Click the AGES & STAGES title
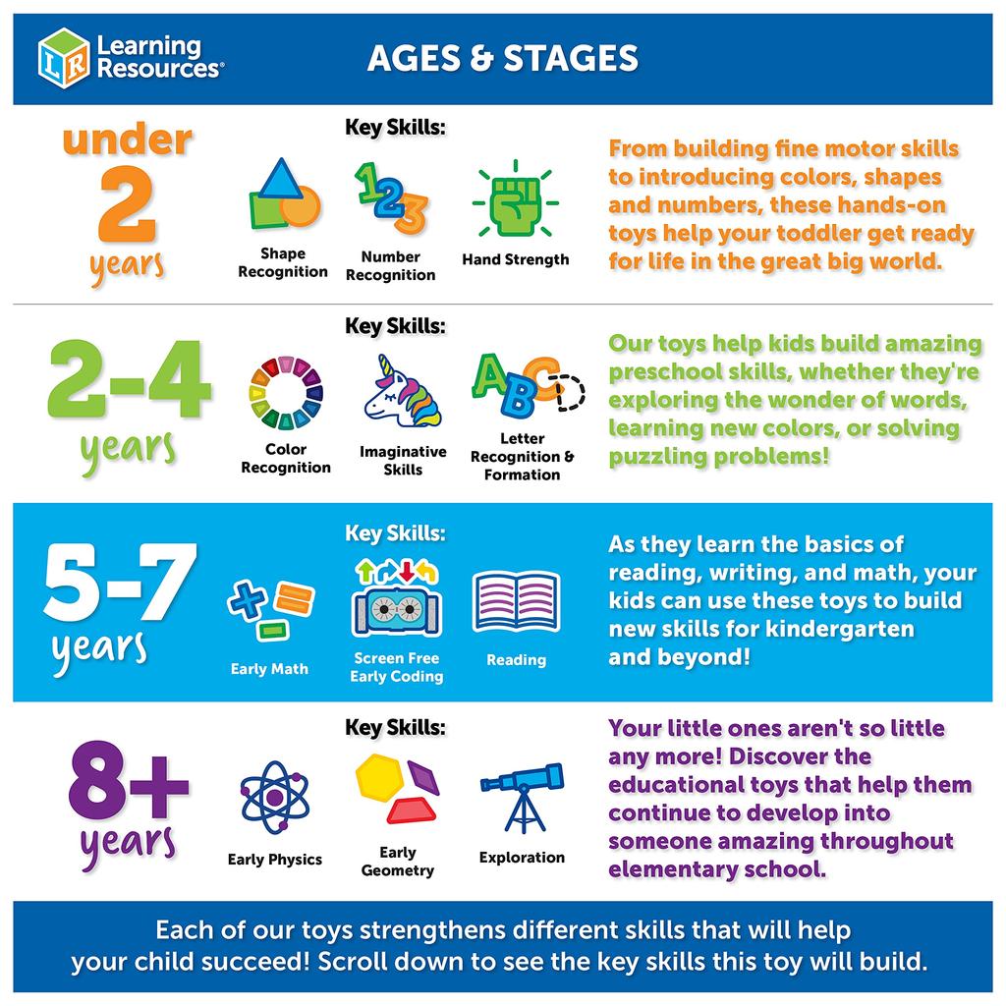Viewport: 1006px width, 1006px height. [x=502, y=58]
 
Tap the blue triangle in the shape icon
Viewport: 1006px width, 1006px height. [x=279, y=179]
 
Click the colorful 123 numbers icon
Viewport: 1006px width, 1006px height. [x=390, y=197]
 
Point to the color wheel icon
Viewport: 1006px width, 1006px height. [x=285, y=393]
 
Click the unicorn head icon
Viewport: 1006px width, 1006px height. [x=402, y=392]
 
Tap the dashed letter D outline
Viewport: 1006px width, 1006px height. [x=568, y=393]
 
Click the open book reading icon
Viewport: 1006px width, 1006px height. [x=516, y=600]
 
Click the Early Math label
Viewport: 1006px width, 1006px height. [x=269, y=669]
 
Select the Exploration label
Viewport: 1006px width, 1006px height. [x=522, y=858]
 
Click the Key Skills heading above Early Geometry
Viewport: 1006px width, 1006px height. [x=395, y=728]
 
